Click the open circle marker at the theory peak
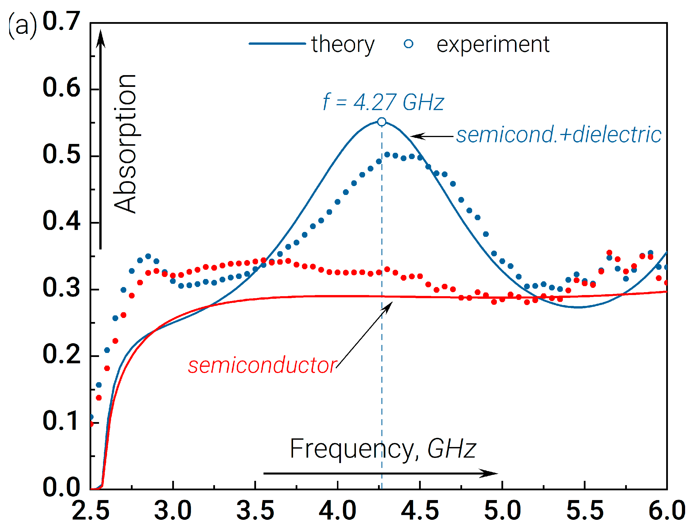(x=381, y=122)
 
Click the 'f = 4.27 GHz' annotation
(x=383, y=102)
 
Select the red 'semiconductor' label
(x=263, y=366)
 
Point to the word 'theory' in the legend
(x=343, y=44)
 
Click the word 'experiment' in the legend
(x=493, y=44)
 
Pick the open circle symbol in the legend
(x=408, y=44)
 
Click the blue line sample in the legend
(x=277, y=44)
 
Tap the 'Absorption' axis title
(x=125, y=144)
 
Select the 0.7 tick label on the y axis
(x=61, y=21)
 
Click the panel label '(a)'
(x=22, y=26)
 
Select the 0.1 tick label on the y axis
(x=61, y=421)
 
